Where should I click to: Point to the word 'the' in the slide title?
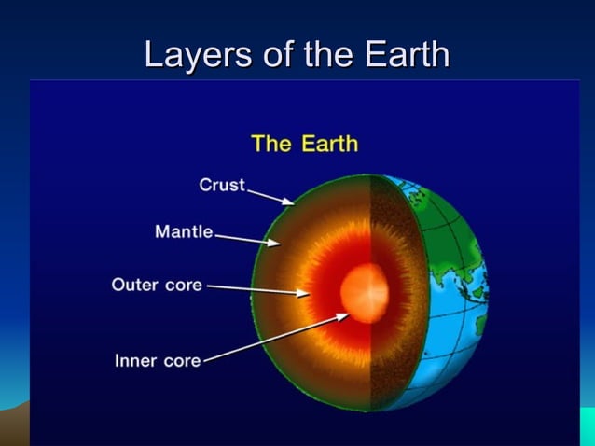325,55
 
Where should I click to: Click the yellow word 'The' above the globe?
272,144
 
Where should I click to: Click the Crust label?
222,185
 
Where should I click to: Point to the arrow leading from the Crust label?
270,194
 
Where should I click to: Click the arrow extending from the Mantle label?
248,239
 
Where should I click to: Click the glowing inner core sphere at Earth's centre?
365,293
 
